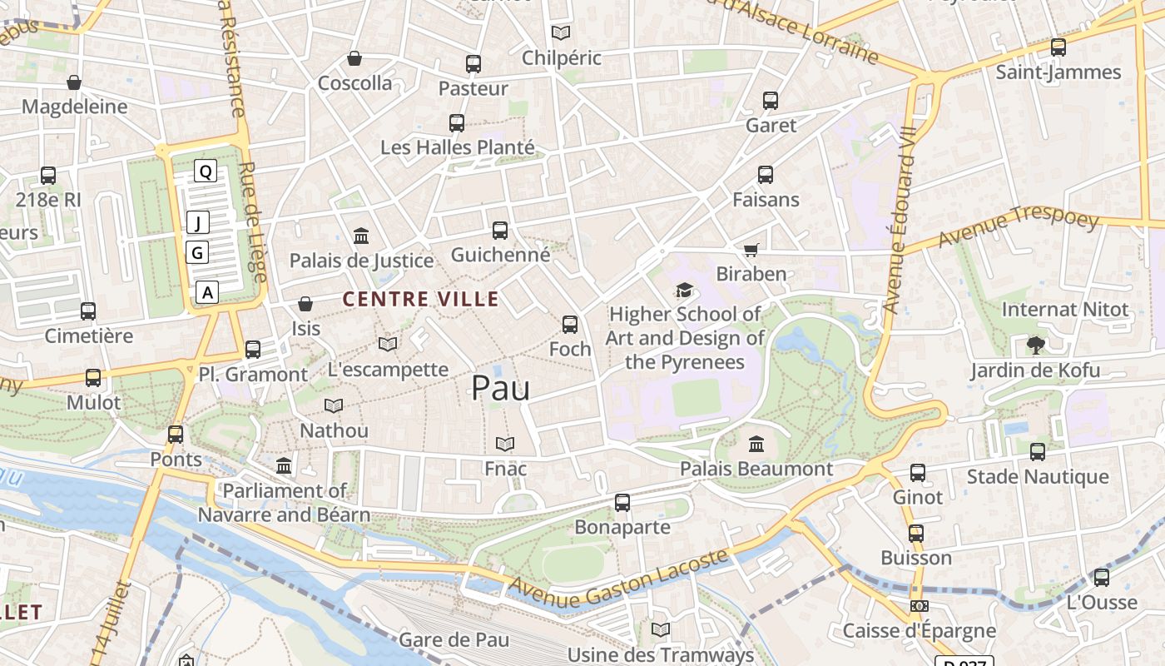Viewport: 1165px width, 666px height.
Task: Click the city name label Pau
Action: tap(500, 388)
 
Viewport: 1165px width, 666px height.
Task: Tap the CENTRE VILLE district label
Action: tap(420, 300)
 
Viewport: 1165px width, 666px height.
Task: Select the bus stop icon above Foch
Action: tap(570, 325)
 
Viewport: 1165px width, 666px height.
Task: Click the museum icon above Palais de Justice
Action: tap(361, 236)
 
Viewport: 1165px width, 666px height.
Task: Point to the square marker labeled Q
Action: tap(206, 171)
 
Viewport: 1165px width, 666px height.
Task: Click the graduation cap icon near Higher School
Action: tap(684, 290)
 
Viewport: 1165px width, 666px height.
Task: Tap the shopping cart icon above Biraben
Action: tap(751, 250)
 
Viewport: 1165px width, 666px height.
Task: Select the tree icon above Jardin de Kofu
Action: tap(1036, 345)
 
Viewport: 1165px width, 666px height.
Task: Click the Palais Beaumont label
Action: tap(756, 469)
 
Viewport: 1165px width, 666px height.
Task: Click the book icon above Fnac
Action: tap(505, 445)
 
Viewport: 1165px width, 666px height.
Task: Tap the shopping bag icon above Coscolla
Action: tap(354, 58)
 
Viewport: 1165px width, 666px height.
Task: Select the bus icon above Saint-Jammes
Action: tap(1058, 47)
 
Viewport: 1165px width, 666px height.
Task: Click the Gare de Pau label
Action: tap(454, 640)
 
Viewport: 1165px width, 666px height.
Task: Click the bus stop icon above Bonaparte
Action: tap(622, 503)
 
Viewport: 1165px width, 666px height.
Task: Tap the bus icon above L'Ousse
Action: tap(1102, 578)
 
